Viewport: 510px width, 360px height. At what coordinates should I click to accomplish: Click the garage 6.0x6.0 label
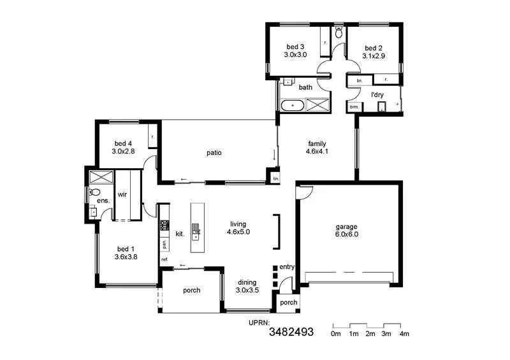[347, 230]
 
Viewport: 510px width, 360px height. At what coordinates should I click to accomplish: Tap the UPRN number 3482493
[291, 332]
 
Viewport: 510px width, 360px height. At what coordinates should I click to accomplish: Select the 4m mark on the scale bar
[404, 334]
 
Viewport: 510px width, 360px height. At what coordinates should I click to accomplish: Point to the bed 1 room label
[126, 253]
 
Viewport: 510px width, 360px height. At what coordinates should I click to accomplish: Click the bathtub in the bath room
[293, 104]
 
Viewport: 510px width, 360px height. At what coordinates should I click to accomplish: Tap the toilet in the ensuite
[95, 192]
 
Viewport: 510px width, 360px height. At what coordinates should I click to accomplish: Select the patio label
[214, 152]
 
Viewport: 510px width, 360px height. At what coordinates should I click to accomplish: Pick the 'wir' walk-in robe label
[122, 195]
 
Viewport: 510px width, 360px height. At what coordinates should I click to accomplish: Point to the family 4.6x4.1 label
[317, 148]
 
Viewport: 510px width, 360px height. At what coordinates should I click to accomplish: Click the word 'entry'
[287, 267]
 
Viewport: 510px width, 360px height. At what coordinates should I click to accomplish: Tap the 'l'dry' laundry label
[377, 95]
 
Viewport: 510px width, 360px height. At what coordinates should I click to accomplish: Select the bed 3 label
[295, 51]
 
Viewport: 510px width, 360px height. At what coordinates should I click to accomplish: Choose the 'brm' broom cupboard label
[354, 107]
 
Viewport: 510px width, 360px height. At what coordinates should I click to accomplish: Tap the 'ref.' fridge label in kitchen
[164, 259]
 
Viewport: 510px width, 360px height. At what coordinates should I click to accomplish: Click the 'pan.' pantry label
[164, 243]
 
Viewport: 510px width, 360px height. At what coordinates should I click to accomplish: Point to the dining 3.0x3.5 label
[247, 286]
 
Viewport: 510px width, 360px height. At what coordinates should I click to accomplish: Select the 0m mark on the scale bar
[336, 334]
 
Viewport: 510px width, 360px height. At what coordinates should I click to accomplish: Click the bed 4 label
[123, 147]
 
